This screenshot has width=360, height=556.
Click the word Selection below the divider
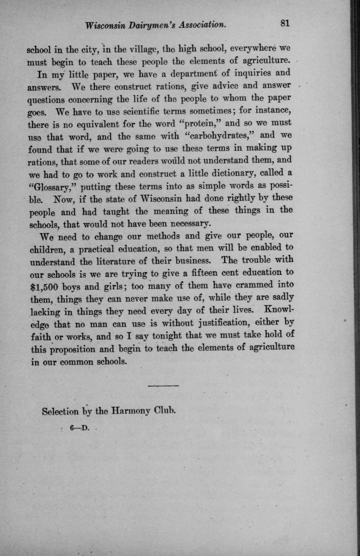(60, 412)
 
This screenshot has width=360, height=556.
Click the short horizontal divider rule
(163, 386)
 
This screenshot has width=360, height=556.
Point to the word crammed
(253, 285)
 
